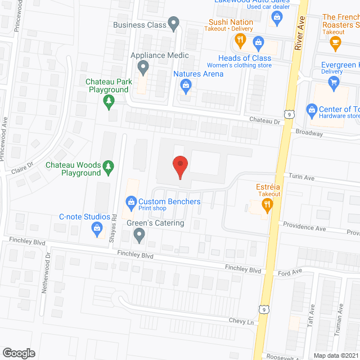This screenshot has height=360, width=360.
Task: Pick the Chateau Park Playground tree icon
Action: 109,101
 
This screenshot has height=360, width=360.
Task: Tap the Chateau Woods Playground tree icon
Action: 109,166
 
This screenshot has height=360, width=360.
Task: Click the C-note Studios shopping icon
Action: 97,228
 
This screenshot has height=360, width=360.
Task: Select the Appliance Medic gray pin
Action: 143,68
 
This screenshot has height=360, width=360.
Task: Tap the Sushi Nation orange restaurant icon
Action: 240,40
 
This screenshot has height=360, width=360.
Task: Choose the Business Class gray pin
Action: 174,24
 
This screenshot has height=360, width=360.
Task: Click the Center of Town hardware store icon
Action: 311,108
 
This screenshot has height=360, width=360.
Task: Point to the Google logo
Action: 18,353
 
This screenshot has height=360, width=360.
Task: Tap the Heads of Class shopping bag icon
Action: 258,41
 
